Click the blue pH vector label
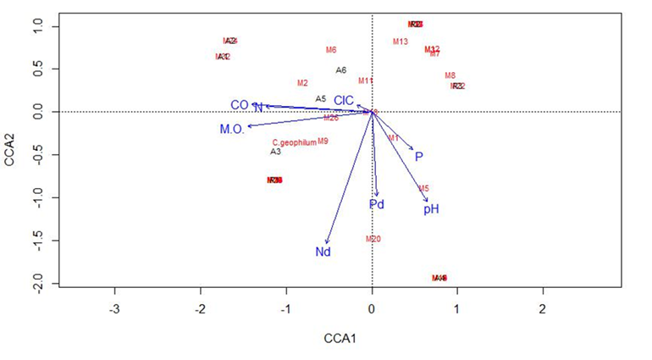click(431, 209)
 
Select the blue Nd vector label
click(323, 252)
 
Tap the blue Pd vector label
click(377, 205)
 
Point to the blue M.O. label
click(232, 129)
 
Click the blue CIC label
click(343, 100)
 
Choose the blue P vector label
click(418, 157)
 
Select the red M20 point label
click(373, 239)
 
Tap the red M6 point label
click(331, 50)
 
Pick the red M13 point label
click(401, 42)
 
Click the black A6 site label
click(340, 70)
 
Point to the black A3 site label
click(275, 152)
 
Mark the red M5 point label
click(423, 189)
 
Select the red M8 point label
click(450, 75)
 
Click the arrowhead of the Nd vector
click(326, 242)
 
